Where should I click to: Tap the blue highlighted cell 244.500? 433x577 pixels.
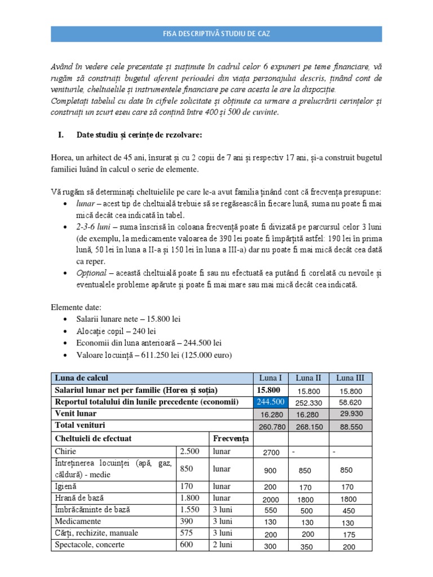point(271,402)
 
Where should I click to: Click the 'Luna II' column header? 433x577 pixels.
point(308,378)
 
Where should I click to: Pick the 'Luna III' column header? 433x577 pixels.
point(349,378)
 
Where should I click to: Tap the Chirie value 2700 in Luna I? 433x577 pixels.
point(271,452)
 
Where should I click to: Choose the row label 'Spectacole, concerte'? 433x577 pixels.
point(90,545)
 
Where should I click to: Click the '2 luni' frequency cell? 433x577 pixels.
point(223,545)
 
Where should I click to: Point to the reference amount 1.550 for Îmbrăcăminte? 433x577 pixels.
point(190,509)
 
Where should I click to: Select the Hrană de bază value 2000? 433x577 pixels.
point(271,499)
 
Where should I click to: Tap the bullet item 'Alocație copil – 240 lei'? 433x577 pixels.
point(116,331)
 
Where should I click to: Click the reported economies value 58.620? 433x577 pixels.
point(349,403)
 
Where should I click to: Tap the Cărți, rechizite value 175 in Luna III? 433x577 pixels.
point(349,534)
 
